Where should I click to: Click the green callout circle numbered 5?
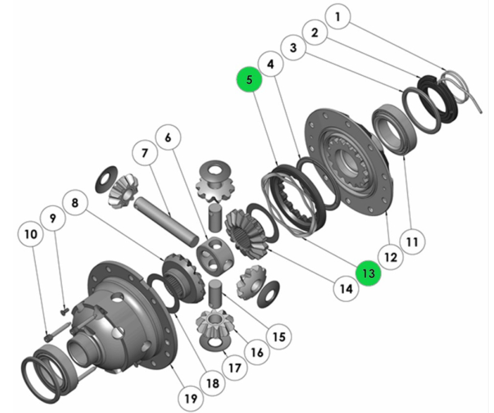coord(249,80)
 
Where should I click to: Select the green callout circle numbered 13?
coord(369,272)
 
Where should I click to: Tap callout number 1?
coord(337,17)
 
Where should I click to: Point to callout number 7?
coord(145,152)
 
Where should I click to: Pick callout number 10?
coord(30,235)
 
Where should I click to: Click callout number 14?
coord(346,288)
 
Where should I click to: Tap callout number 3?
coord(293,48)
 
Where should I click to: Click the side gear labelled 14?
coord(246,231)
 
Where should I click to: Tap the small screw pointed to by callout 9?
coord(64,312)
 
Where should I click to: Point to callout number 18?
coord(212,383)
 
